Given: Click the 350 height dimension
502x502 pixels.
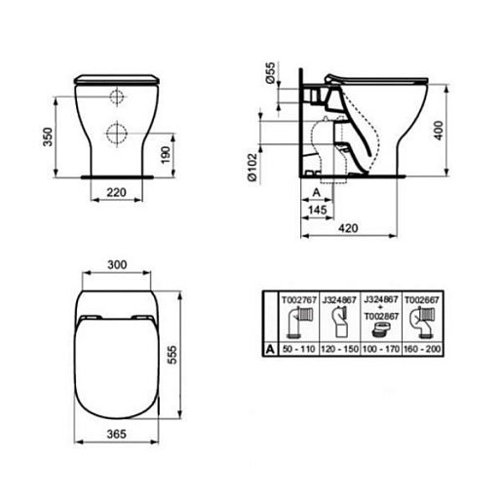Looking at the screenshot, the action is coord(48,136).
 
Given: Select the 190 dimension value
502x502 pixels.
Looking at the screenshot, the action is coord(166,155).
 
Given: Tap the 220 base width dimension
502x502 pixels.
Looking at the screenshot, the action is coord(116,193).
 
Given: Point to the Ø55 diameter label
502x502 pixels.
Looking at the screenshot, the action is coord(270,73).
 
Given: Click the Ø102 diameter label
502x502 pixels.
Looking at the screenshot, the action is coord(252,168).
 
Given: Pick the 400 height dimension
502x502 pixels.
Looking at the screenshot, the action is coord(439,131).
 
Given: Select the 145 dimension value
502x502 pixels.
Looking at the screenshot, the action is coord(317,210).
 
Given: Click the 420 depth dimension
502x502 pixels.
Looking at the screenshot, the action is coord(348,228).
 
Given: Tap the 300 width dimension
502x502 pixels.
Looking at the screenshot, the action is coord(117,265).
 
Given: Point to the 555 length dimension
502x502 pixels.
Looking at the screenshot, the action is coord(173,355).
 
